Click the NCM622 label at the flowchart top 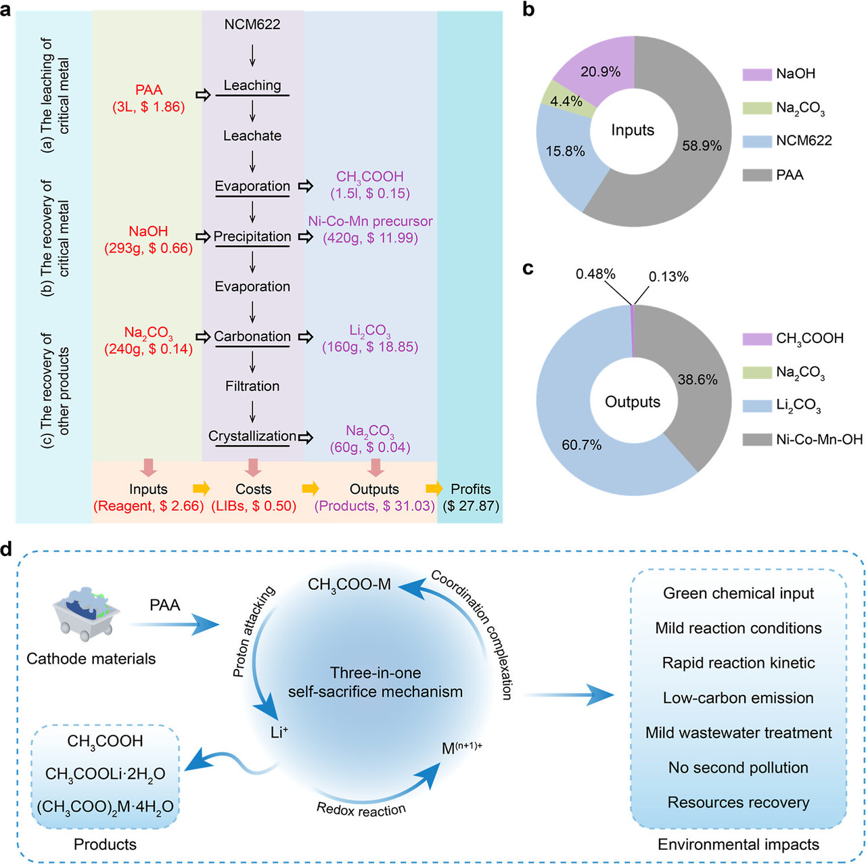coord(252,25)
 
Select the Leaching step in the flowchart coord(252,85)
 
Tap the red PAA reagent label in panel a coord(148,90)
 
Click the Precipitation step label coord(252,237)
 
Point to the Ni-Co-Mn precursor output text coord(370,222)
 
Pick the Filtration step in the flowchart coord(252,386)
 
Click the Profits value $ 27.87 coord(471,506)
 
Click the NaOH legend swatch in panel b coord(757,74)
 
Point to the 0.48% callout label coord(595,274)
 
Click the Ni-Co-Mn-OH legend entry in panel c coord(819,440)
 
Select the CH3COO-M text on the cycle coord(349,585)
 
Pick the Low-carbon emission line coord(738,698)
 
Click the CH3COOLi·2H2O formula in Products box coord(105,774)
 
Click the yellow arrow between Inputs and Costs coord(202,488)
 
